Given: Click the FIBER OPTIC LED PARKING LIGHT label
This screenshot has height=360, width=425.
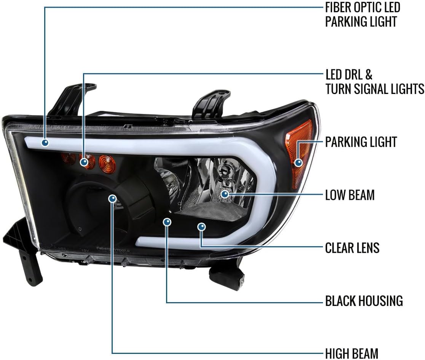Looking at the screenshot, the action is pos(363,14).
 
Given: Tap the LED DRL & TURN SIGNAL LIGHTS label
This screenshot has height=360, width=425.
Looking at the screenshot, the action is pos(375,82).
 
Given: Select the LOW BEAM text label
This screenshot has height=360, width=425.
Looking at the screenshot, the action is pos(350,195).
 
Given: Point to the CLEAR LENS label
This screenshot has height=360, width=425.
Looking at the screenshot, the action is pos(352,248).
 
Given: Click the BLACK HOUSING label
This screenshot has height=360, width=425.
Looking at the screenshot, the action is pos(364,301).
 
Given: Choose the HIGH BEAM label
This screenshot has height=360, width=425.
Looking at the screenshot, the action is pos(352,354).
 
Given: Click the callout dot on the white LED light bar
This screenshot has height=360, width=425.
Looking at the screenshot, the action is pos(45,142).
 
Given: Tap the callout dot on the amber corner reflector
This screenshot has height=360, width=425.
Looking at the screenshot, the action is pos(299,162).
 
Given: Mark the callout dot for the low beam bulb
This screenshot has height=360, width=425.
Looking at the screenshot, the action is pos(225,194).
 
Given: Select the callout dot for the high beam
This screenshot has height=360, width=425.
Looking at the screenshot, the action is pos(112,199).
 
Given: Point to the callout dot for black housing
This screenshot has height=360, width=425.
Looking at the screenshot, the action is pos(167,222).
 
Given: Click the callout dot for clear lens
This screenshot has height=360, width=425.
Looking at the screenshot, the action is pos(201,227).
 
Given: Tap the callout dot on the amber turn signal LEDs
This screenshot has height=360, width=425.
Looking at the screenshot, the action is pos(84,162).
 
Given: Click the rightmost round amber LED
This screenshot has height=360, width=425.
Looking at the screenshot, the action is pos(107,163).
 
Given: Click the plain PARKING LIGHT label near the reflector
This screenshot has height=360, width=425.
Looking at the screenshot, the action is pos(361,142).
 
